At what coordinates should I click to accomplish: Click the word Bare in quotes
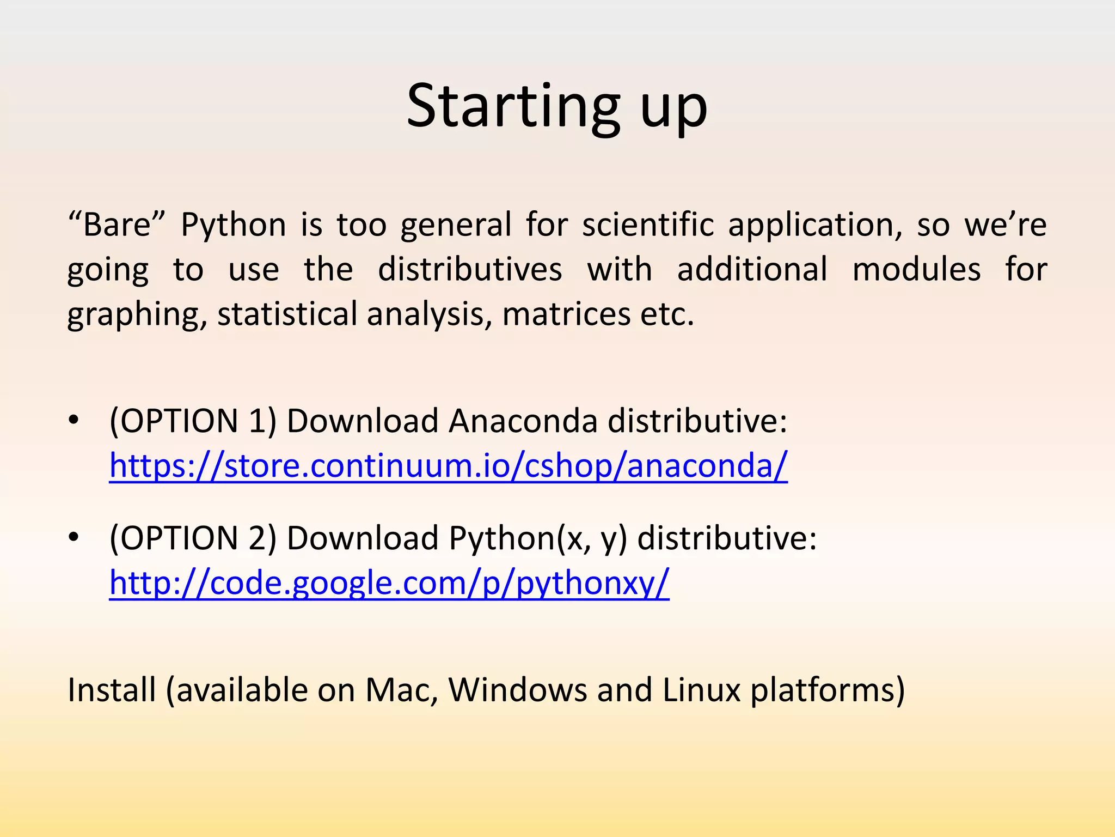(117, 225)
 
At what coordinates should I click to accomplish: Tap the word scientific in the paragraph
(648, 225)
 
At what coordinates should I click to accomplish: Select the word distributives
(470, 269)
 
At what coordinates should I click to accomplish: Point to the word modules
(916, 269)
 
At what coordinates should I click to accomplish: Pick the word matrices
(566, 314)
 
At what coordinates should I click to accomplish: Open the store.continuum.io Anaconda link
(448, 466)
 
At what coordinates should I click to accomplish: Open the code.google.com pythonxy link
(389, 583)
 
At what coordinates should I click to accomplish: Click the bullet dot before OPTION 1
(74, 421)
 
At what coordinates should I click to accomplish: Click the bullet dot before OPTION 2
(74, 538)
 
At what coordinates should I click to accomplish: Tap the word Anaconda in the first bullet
(523, 421)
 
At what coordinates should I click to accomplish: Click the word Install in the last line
(112, 690)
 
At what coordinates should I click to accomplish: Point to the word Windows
(517, 690)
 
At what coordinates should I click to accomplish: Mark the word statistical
(287, 314)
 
